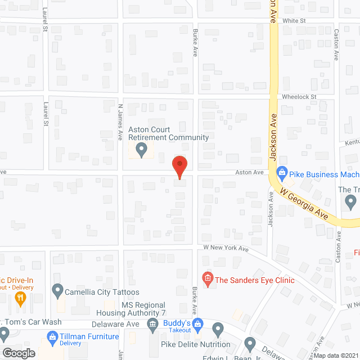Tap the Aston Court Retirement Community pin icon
(x=142, y=149)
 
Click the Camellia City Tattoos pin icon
(x=57, y=291)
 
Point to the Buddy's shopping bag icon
(x=197, y=323)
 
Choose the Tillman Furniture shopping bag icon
(x=52, y=337)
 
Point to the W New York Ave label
(x=226, y=248)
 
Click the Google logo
(x=19, y=353)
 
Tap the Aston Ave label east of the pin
(x=250, y=172)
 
